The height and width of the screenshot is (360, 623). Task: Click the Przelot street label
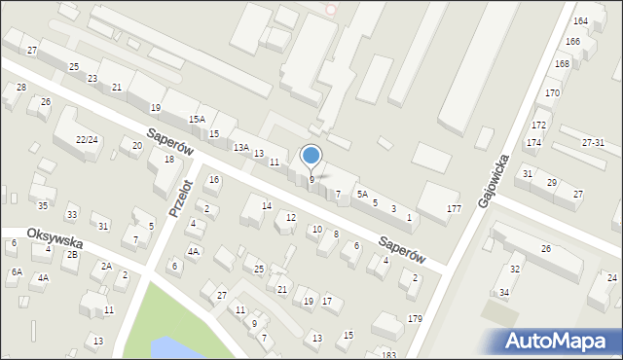coord(179,198)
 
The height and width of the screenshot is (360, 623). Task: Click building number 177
coord(454,209)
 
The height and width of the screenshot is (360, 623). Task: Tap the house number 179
coord(416,319)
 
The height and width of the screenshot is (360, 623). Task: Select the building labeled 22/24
coord(87,140)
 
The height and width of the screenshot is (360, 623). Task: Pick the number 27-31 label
coord(594,142)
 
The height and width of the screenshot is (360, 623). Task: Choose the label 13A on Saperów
coord(240,147)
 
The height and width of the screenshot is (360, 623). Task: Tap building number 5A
coord(360,195)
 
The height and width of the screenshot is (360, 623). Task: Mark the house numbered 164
coord(581,20)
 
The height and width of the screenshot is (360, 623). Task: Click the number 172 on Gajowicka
coord(539,126)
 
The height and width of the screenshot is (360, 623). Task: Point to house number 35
coord(43,205)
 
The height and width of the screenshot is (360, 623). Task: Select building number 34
coord(504,292)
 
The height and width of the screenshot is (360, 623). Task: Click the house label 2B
coord(72,255)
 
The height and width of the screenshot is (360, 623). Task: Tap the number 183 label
coord(389,354)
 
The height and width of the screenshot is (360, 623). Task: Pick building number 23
coord(92,78)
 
